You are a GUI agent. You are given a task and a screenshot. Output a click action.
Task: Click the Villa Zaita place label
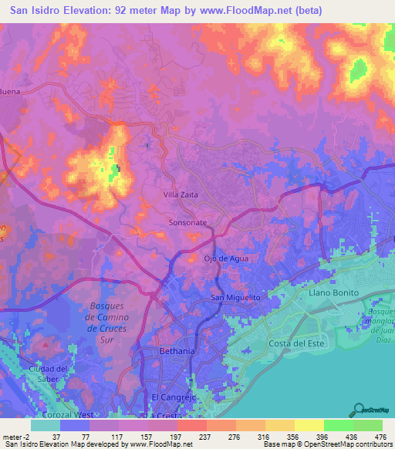pos(181,195)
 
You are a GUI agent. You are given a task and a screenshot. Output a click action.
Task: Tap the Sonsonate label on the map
pos(187,222)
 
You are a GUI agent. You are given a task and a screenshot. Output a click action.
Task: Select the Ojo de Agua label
pos(226,258)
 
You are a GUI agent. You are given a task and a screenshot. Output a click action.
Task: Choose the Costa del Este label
pos(295,343)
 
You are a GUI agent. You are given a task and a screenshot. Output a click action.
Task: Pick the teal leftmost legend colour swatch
pos(46,425)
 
